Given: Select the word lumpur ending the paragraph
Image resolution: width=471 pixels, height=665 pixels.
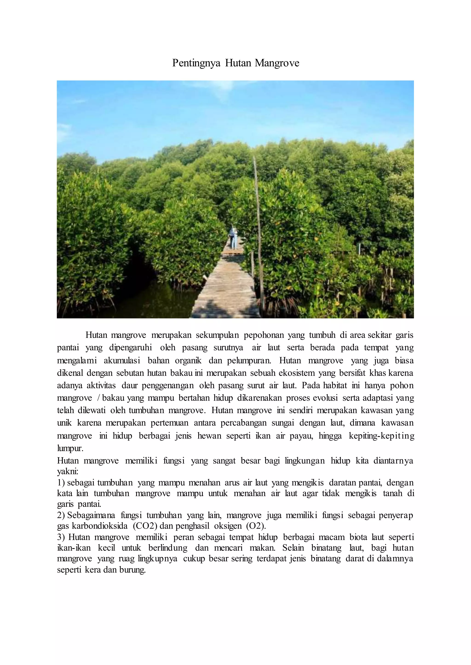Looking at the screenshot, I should coord(70,449).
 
